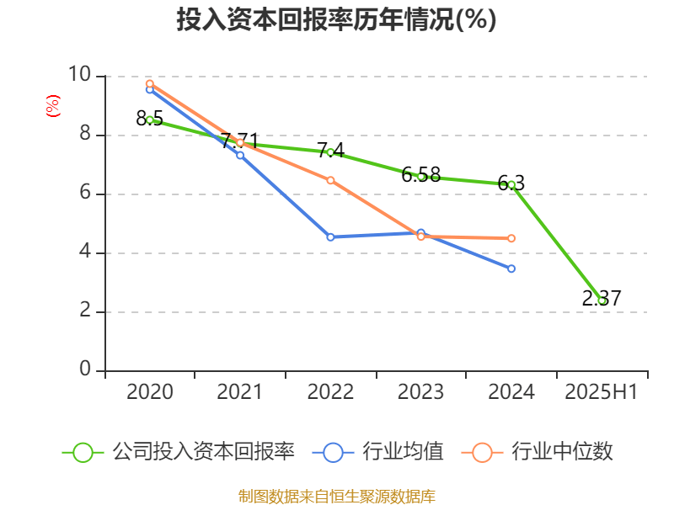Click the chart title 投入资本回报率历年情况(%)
tap(336, 20)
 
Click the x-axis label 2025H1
tap(602, 392)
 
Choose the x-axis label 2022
tap(330, 392)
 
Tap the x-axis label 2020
tap(150, 392)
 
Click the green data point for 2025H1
tap(602, 300)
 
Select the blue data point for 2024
tap(511, 268)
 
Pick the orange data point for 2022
tap(330, 180)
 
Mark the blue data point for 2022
tap(330, 237)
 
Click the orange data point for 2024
tap(511, 238)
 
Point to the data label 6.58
tap(421, 175)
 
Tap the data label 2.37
tap(602, 298)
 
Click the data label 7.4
tap(330, 151)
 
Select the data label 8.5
tap(150, 119)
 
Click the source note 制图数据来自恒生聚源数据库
tap(336, 496)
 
